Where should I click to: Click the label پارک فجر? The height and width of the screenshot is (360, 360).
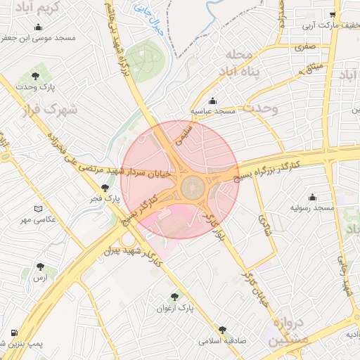click(105, 199)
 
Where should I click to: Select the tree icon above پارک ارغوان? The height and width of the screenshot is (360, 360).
click(174, 297)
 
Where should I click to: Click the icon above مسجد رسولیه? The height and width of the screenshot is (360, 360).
click(312, 197)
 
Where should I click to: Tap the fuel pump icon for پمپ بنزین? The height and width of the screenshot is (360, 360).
click(14, 333)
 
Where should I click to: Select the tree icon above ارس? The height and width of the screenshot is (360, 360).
click(41, 267)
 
